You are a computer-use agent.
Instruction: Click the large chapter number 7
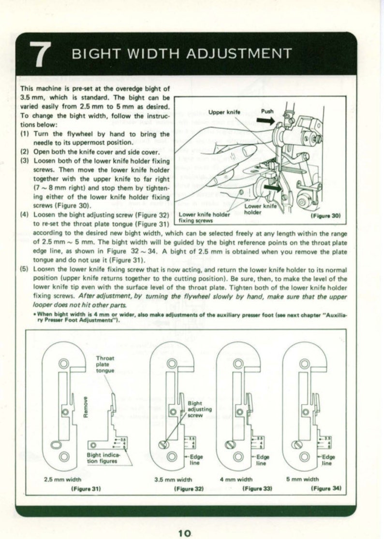point(41,54)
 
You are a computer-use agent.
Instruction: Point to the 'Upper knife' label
point(224,112)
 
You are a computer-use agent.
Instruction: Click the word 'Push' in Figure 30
point(267,111)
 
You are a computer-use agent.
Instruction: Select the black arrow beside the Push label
point(266,120)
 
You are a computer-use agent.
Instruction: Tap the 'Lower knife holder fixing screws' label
point(205,217)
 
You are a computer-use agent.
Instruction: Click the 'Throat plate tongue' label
point(105,364)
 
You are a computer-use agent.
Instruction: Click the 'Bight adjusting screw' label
point(200,409)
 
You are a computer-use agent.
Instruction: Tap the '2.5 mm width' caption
point(62,479)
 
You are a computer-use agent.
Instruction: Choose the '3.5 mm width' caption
point(174,479)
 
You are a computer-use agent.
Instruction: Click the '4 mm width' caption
point(236,479)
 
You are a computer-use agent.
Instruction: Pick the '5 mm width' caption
point(302,479)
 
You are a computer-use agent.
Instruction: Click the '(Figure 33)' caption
point(257,488)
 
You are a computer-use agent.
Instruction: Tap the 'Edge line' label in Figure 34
point(327,460)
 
